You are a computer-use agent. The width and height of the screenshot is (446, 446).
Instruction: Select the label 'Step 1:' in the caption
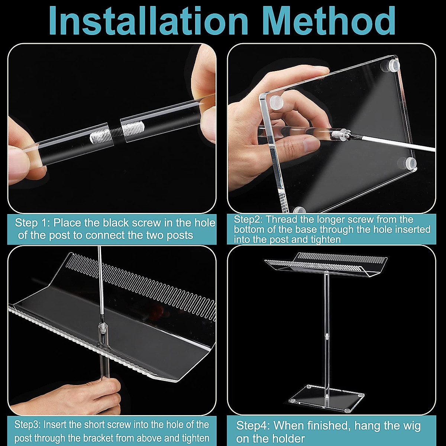(32, 223)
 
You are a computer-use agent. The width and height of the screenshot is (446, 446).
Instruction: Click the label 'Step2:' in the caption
(248, 219)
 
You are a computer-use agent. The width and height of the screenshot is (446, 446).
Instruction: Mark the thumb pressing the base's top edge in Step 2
(316, 72)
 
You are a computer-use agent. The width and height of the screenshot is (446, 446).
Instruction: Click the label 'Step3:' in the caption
(28, 425)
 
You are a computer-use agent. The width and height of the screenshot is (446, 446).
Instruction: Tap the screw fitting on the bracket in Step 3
(101, 329)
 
